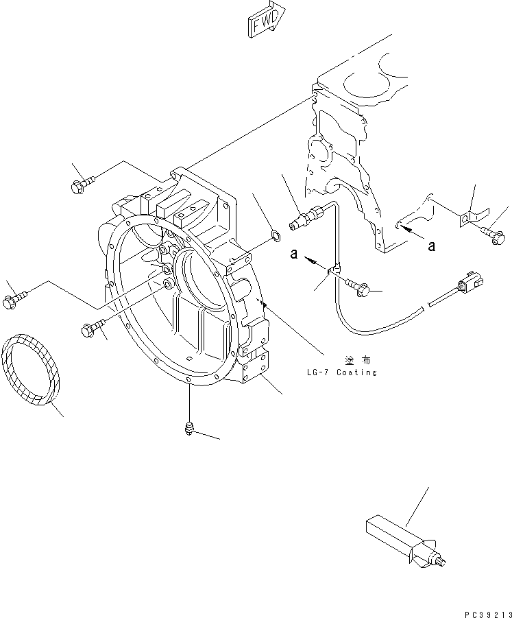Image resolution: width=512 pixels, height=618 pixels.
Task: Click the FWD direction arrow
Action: pos(263,20)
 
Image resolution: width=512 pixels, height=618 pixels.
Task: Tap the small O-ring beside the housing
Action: pos(273,237)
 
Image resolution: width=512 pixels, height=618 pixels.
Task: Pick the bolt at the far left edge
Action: pos(14,300)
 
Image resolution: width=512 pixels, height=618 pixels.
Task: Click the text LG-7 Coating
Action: pos(342,372)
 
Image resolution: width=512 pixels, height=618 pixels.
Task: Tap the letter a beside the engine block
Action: pos(432,246)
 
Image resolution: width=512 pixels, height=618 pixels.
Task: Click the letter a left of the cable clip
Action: pos(293,254)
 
